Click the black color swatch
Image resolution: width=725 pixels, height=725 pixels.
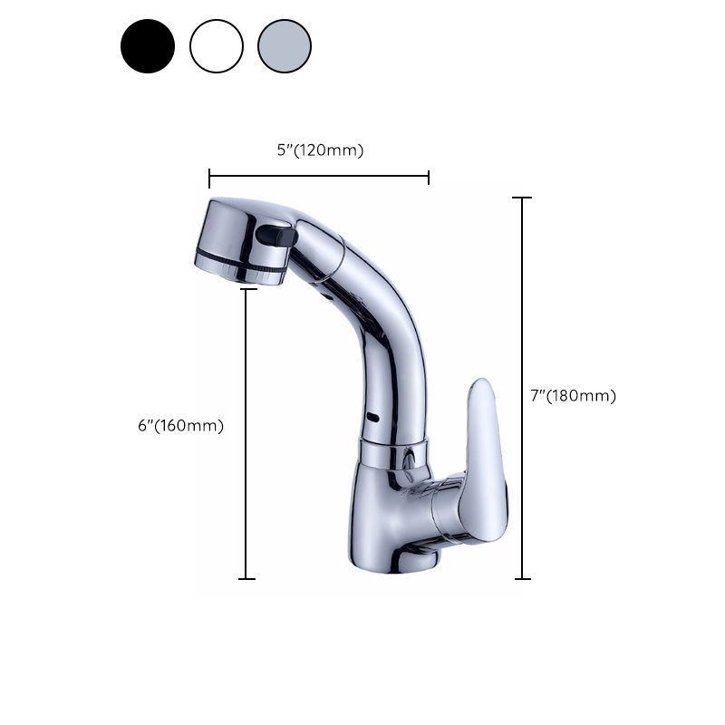(148, 46)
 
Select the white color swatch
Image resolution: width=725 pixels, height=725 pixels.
(217, 46)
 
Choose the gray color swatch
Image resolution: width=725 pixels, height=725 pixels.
(285, 46)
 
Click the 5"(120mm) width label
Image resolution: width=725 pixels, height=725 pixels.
(320, 150)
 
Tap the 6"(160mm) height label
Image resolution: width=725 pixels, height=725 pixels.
(180, 426)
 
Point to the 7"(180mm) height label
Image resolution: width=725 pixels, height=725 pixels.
(573, 396)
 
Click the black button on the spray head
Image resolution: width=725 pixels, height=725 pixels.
(275, 236)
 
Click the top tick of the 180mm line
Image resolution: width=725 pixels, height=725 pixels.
(522, 198)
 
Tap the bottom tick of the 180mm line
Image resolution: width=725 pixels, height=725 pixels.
(522, 578)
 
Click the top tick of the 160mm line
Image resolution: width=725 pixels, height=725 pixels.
(246, 290)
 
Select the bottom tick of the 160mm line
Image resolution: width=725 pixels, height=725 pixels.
(246, 578)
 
